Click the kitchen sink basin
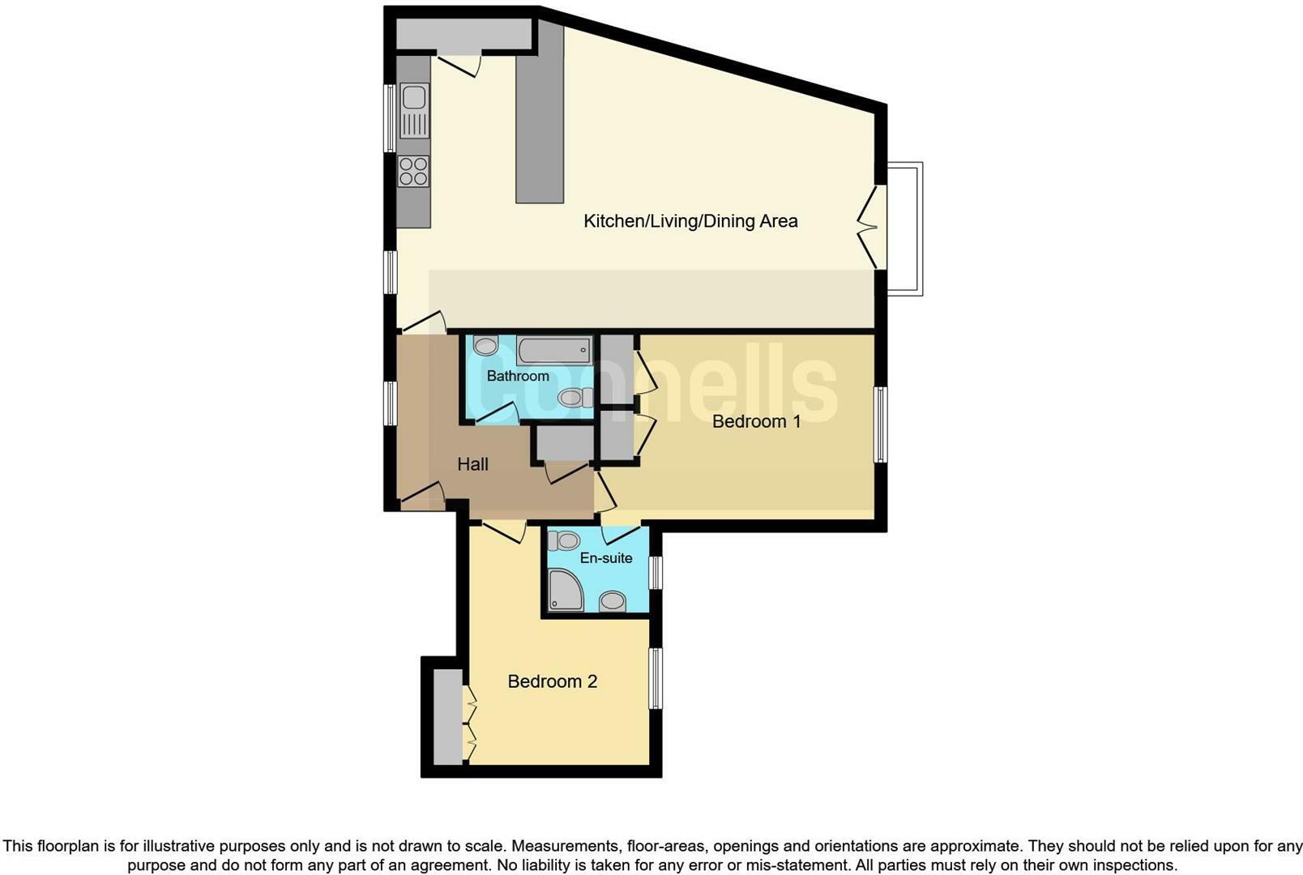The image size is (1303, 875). (414, 98)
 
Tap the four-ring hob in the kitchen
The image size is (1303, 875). (413, 172)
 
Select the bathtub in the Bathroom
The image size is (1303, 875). (554, 351)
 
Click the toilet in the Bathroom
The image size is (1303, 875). (573, 397)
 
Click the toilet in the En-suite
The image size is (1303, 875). (565, 540)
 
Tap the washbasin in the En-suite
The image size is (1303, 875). (613, 601)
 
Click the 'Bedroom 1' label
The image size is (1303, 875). (756, 421)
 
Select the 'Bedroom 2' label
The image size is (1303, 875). (552, 681)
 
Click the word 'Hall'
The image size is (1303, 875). (472, 464)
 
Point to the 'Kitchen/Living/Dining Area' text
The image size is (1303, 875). (690, 220)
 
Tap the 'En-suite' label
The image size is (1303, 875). (606, 557)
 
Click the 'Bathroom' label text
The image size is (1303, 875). (518, 376)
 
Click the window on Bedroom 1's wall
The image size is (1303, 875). (880, 425)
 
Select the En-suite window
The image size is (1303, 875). (656, 572)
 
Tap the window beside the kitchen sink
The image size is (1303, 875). (390, 118)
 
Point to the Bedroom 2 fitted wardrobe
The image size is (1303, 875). (446, 716)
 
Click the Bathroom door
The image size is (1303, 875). (497, 413)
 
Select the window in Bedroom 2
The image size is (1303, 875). (656, 678)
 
